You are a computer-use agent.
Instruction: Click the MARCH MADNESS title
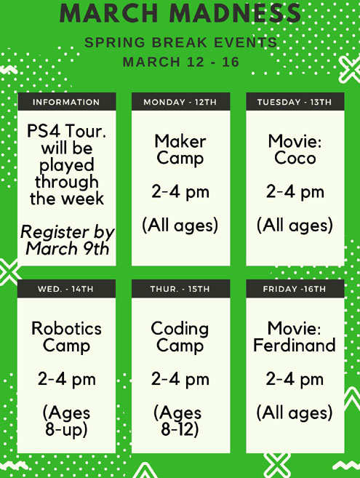point(180,13)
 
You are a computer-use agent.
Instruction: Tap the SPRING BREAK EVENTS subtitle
point(181,42)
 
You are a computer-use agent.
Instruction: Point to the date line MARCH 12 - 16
point(181,62)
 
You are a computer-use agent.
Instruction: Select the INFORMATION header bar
point(66,102)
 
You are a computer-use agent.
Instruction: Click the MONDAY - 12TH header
point(180,102)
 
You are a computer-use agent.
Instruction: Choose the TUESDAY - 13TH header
point(295,102)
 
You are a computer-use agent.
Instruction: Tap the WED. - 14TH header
point(66,289)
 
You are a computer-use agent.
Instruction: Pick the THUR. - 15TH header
point(180,289)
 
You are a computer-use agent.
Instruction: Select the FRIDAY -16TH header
point(295,289)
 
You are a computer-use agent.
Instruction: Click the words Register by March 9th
point(68,240)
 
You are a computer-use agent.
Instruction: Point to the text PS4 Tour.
point(66,131)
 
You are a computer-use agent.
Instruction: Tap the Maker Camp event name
point(180,150)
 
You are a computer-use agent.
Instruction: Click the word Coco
point(295,158)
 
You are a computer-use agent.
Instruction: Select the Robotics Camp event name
point(66,337)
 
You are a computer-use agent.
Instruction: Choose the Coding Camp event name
point(180,337)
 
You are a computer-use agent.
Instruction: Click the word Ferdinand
point(295,345)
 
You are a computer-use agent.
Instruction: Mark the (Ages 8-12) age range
point(179,421)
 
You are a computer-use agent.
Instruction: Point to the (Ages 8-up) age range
point(66,421)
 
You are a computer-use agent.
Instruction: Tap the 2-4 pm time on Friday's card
point(295,379)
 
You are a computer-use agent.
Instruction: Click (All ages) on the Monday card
point(180,225)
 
